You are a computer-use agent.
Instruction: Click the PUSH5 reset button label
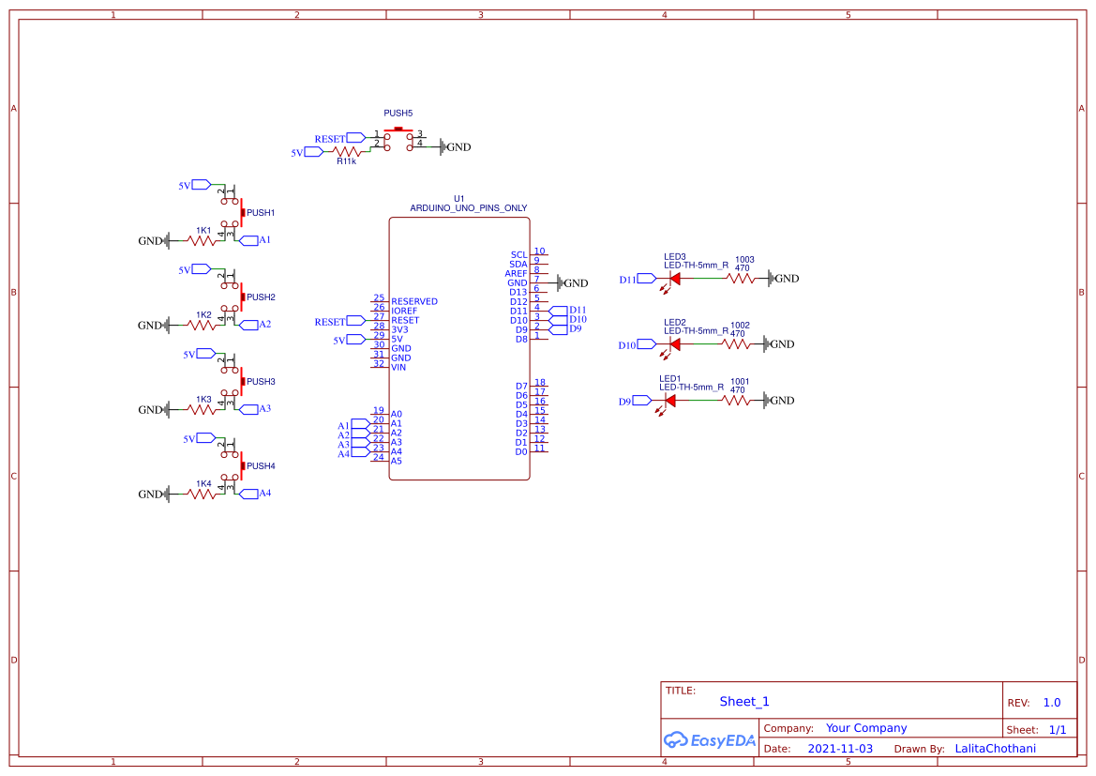398,113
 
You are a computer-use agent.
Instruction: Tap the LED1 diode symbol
669,401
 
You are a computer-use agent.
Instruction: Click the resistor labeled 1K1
203,240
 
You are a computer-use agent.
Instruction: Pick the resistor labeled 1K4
203,494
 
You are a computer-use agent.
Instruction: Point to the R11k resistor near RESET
348,151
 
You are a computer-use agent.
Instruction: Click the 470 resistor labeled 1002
737,344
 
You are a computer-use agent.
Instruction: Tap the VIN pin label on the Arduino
398,367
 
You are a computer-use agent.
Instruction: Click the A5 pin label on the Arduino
397,461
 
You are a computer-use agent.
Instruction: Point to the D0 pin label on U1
520,451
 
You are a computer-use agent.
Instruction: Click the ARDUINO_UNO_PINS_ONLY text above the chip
468,208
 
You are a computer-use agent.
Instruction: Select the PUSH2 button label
261,297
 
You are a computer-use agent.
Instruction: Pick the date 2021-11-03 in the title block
839,749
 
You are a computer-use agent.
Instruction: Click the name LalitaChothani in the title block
995,749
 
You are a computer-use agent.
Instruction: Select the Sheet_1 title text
744,701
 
